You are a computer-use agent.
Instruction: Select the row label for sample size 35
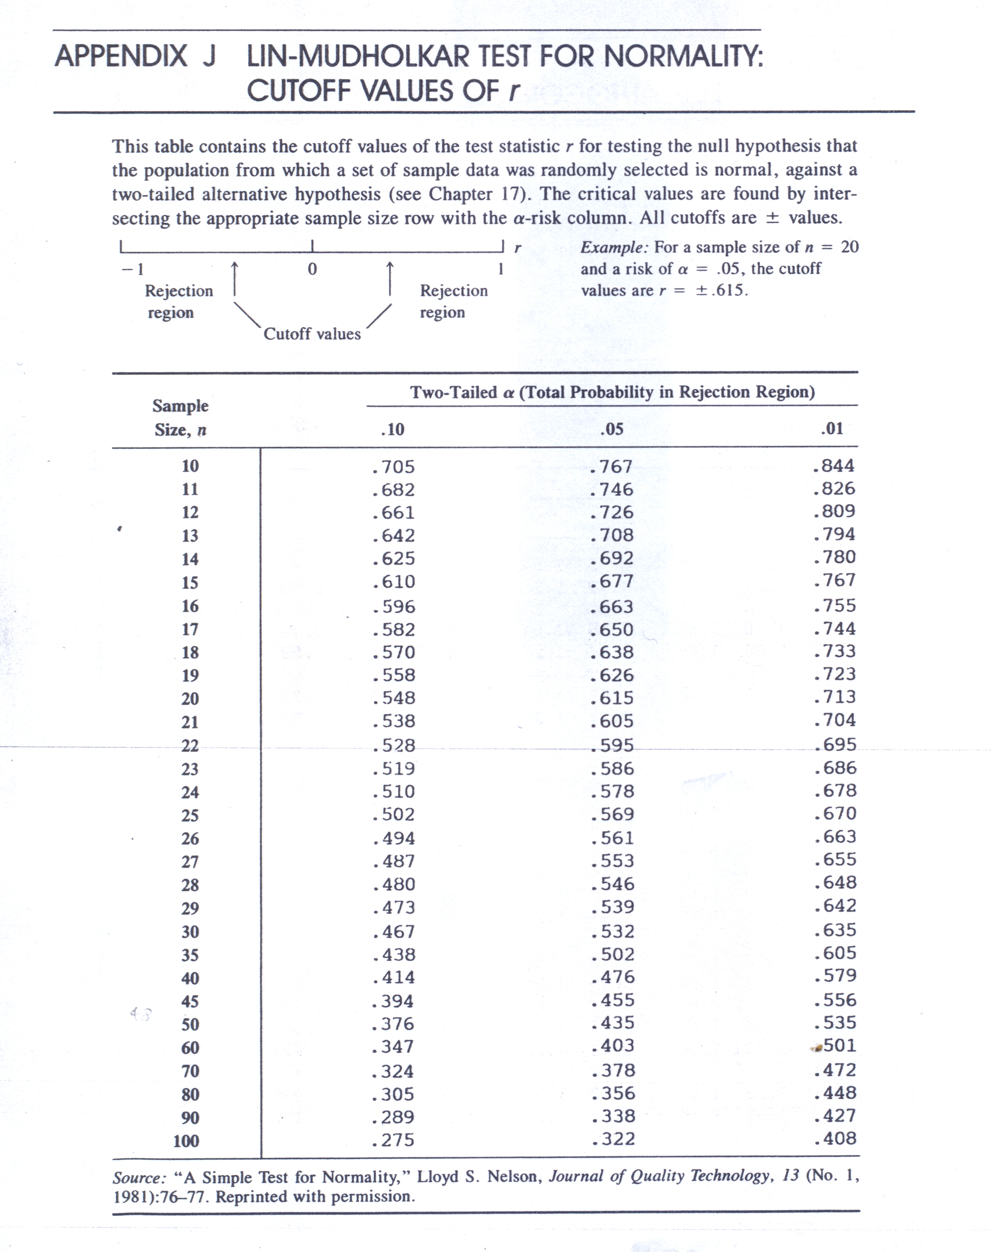(x=190, y=955)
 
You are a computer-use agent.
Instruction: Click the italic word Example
(x=614, y=248)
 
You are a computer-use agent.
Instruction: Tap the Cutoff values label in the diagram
(x=312, y=334)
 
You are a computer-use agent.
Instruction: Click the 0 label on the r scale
(x=312, y=269)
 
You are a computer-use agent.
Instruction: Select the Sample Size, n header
(x=180, y=418)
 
